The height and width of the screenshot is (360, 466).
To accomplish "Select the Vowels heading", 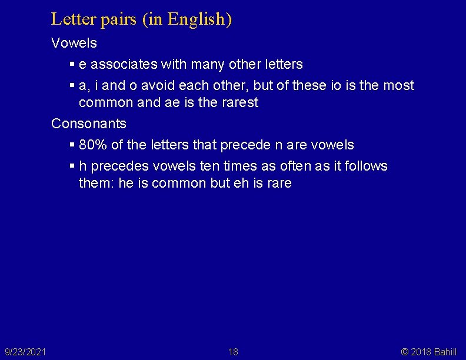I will [74, 43].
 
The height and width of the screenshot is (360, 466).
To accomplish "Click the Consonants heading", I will [89, 124].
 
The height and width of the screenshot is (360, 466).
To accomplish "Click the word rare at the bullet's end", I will [278, 183].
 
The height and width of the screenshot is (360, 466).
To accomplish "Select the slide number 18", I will [233, 352].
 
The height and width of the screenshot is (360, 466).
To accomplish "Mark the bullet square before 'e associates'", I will [72, 64].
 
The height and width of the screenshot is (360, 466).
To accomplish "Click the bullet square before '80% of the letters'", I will [72, 145].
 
